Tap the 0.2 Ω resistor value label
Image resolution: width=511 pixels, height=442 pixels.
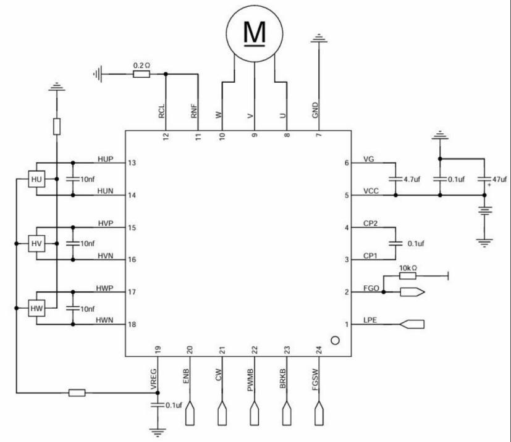click(x=141, y=64)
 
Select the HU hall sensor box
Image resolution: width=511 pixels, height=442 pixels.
click(x=36, y=180)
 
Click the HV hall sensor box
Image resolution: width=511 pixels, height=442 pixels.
click(x=36, y=244)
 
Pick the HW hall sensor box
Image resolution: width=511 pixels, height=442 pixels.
click(x=36, y=307)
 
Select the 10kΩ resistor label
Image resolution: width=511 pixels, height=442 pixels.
click(x=410, y=268)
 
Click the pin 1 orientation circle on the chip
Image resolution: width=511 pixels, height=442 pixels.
click(x=336, y=340)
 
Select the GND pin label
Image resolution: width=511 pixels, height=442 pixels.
click(x=316, y=111)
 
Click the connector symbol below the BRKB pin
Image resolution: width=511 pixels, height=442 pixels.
click(x=287, y=414)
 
